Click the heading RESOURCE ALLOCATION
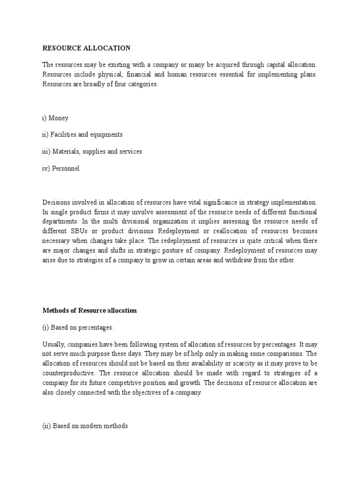coord(87,48)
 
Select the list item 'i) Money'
coord(55,118)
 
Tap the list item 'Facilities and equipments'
coord(82,135)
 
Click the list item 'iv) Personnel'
coord(61,169)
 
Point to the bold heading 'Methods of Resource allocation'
coord(90,311)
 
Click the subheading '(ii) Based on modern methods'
coord(85,427)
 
